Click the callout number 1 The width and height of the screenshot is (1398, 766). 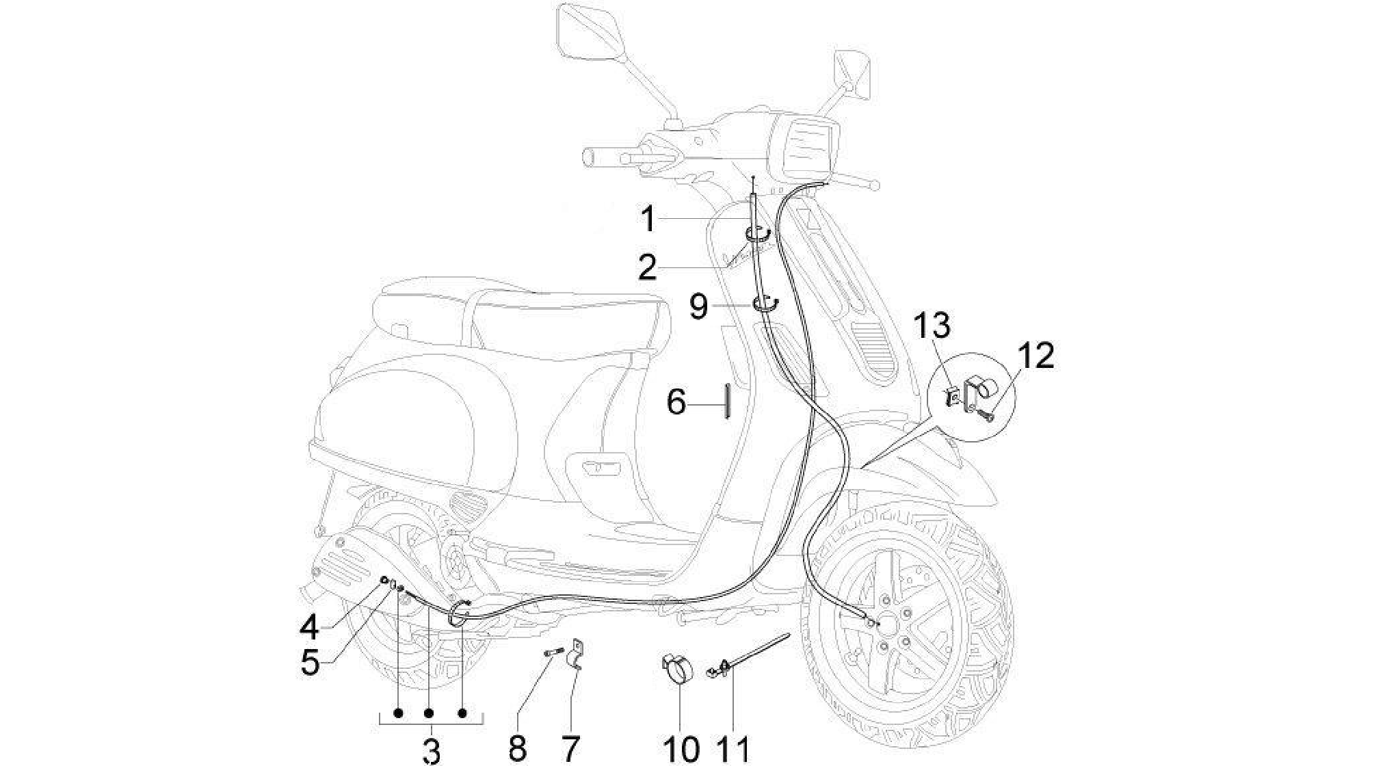(648, 220)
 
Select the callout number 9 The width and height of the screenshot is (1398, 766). (698, 307)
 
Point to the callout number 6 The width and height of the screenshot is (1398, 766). (676, 402)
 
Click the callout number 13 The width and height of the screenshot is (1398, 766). (933, 326)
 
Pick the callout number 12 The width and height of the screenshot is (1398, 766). (1036, 356)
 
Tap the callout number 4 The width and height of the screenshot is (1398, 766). (310, 626)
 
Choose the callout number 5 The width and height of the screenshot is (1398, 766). (311, 662)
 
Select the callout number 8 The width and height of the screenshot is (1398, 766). (518, 749)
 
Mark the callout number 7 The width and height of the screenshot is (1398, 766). (570, 749)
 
